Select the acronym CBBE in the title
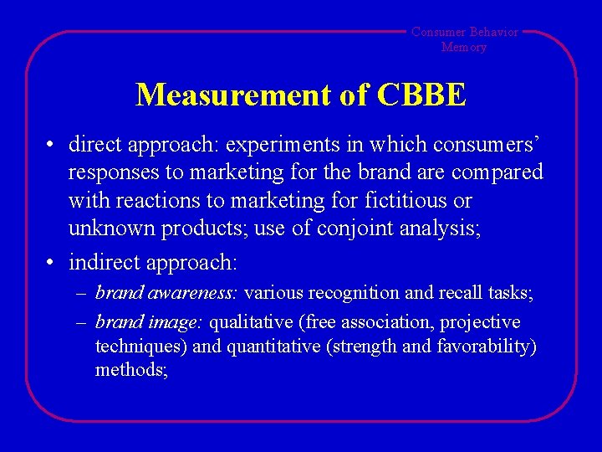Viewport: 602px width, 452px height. (x=421, y=95)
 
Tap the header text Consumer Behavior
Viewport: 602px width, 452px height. (x=464, y=32)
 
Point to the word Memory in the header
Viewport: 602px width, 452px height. (x=464, y=47)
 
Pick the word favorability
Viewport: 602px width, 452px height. (x=487, y=347)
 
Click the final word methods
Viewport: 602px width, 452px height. (x=131, y=370)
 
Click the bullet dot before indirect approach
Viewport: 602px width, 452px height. (x=52, y=263)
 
